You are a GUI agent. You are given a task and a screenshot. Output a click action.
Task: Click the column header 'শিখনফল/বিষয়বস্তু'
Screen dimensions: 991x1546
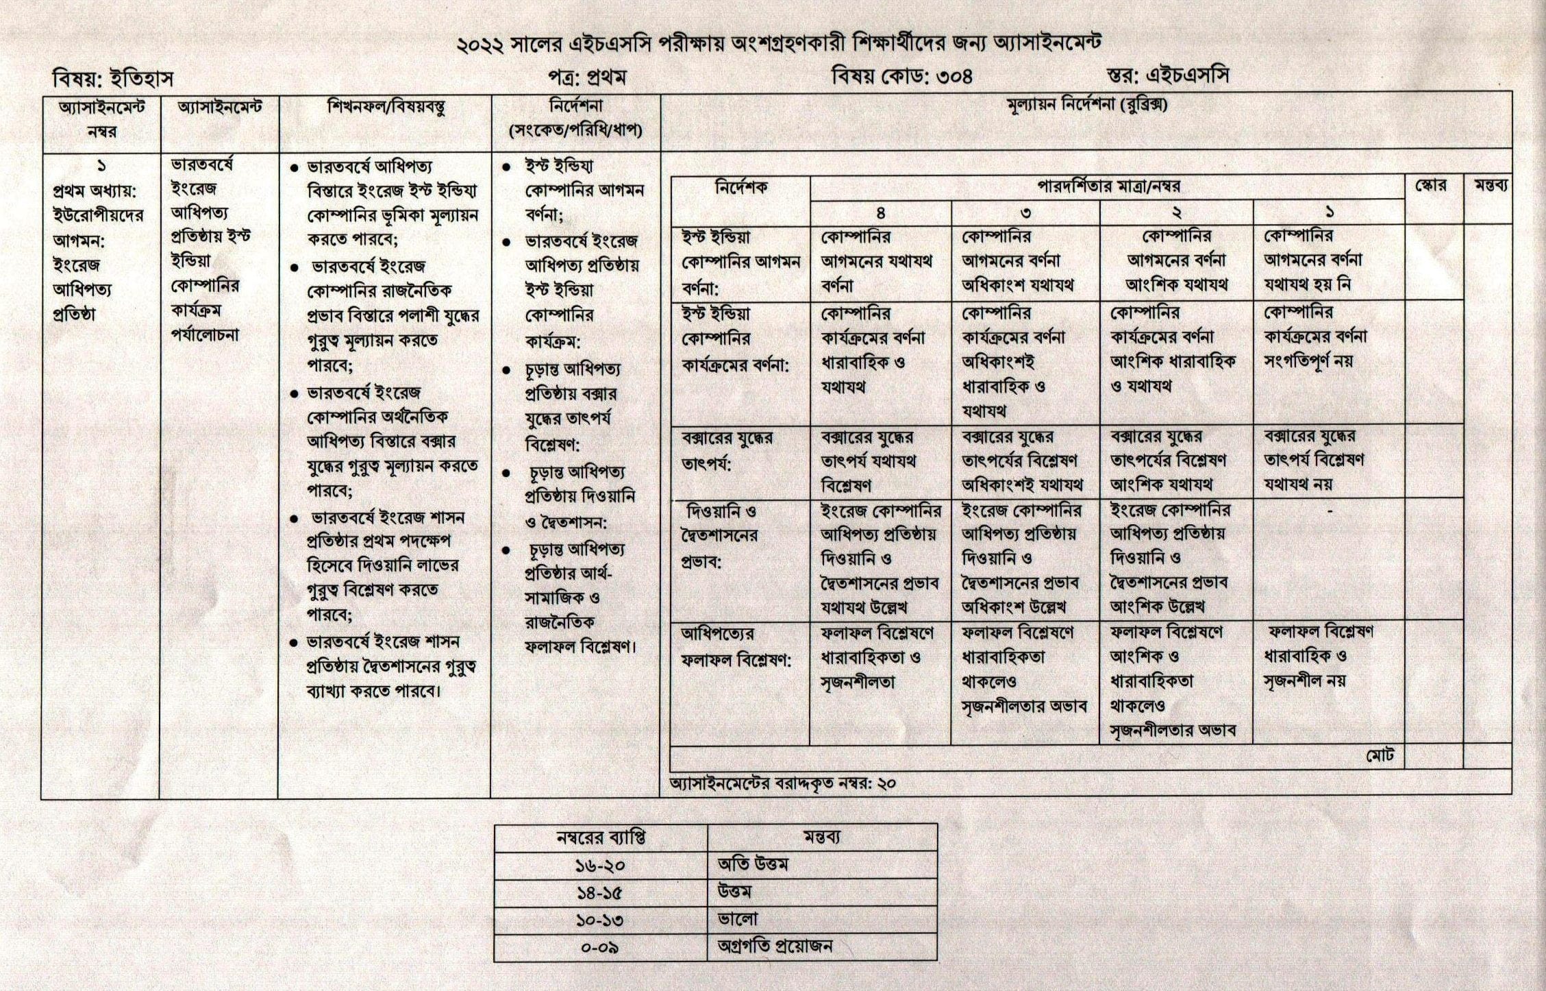point(386,108)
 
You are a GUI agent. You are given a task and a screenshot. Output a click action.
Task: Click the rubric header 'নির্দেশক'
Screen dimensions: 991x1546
point(740,187)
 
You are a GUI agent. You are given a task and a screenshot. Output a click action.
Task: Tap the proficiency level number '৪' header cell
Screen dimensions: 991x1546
point(880,212)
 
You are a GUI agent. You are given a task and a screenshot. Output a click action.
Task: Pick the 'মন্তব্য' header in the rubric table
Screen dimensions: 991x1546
point(1488,186)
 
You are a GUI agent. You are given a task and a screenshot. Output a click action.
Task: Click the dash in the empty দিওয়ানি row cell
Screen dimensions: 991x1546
point(1329,511)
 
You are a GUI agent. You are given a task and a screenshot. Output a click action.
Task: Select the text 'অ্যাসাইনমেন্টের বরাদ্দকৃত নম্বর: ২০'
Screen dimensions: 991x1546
point(783,783)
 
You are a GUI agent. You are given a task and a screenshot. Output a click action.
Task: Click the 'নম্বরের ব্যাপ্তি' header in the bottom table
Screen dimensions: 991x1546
point(600,837)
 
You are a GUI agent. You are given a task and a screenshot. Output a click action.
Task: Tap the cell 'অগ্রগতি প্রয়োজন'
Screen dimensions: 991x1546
point(775,947)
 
